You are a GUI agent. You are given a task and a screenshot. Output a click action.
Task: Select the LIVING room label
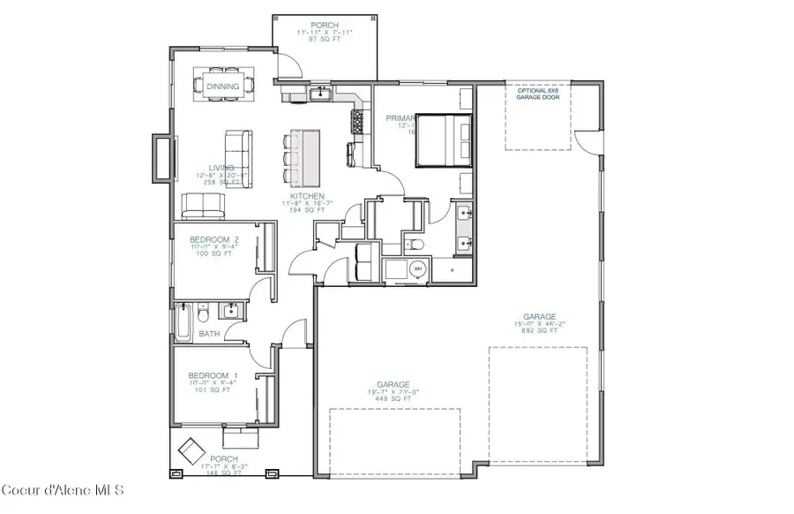(221, 167)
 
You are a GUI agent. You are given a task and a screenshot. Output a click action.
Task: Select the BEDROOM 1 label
(208, 375)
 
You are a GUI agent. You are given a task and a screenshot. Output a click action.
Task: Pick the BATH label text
(208, 334)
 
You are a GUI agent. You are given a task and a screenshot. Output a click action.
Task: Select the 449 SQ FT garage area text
(389, 398)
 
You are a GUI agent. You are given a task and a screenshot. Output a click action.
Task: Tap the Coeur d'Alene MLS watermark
(63, 490)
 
